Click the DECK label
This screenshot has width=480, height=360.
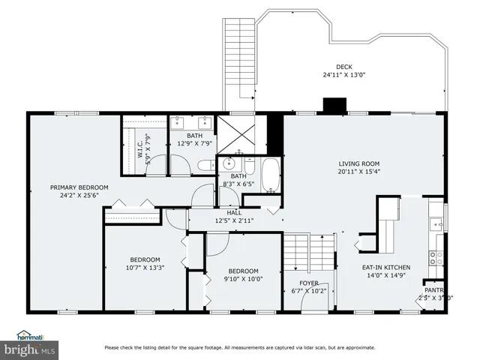(x=343, y=66)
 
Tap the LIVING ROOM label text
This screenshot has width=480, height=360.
(x=358, y=163)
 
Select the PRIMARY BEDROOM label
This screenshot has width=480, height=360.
(x=79, y=187)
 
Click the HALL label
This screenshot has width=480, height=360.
(x=223, y=212)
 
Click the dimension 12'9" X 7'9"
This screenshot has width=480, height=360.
(x=195, y=144)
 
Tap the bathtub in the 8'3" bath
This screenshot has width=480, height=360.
(x=271, y=175)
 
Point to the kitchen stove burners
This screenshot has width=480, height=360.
(x=436, y=259)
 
